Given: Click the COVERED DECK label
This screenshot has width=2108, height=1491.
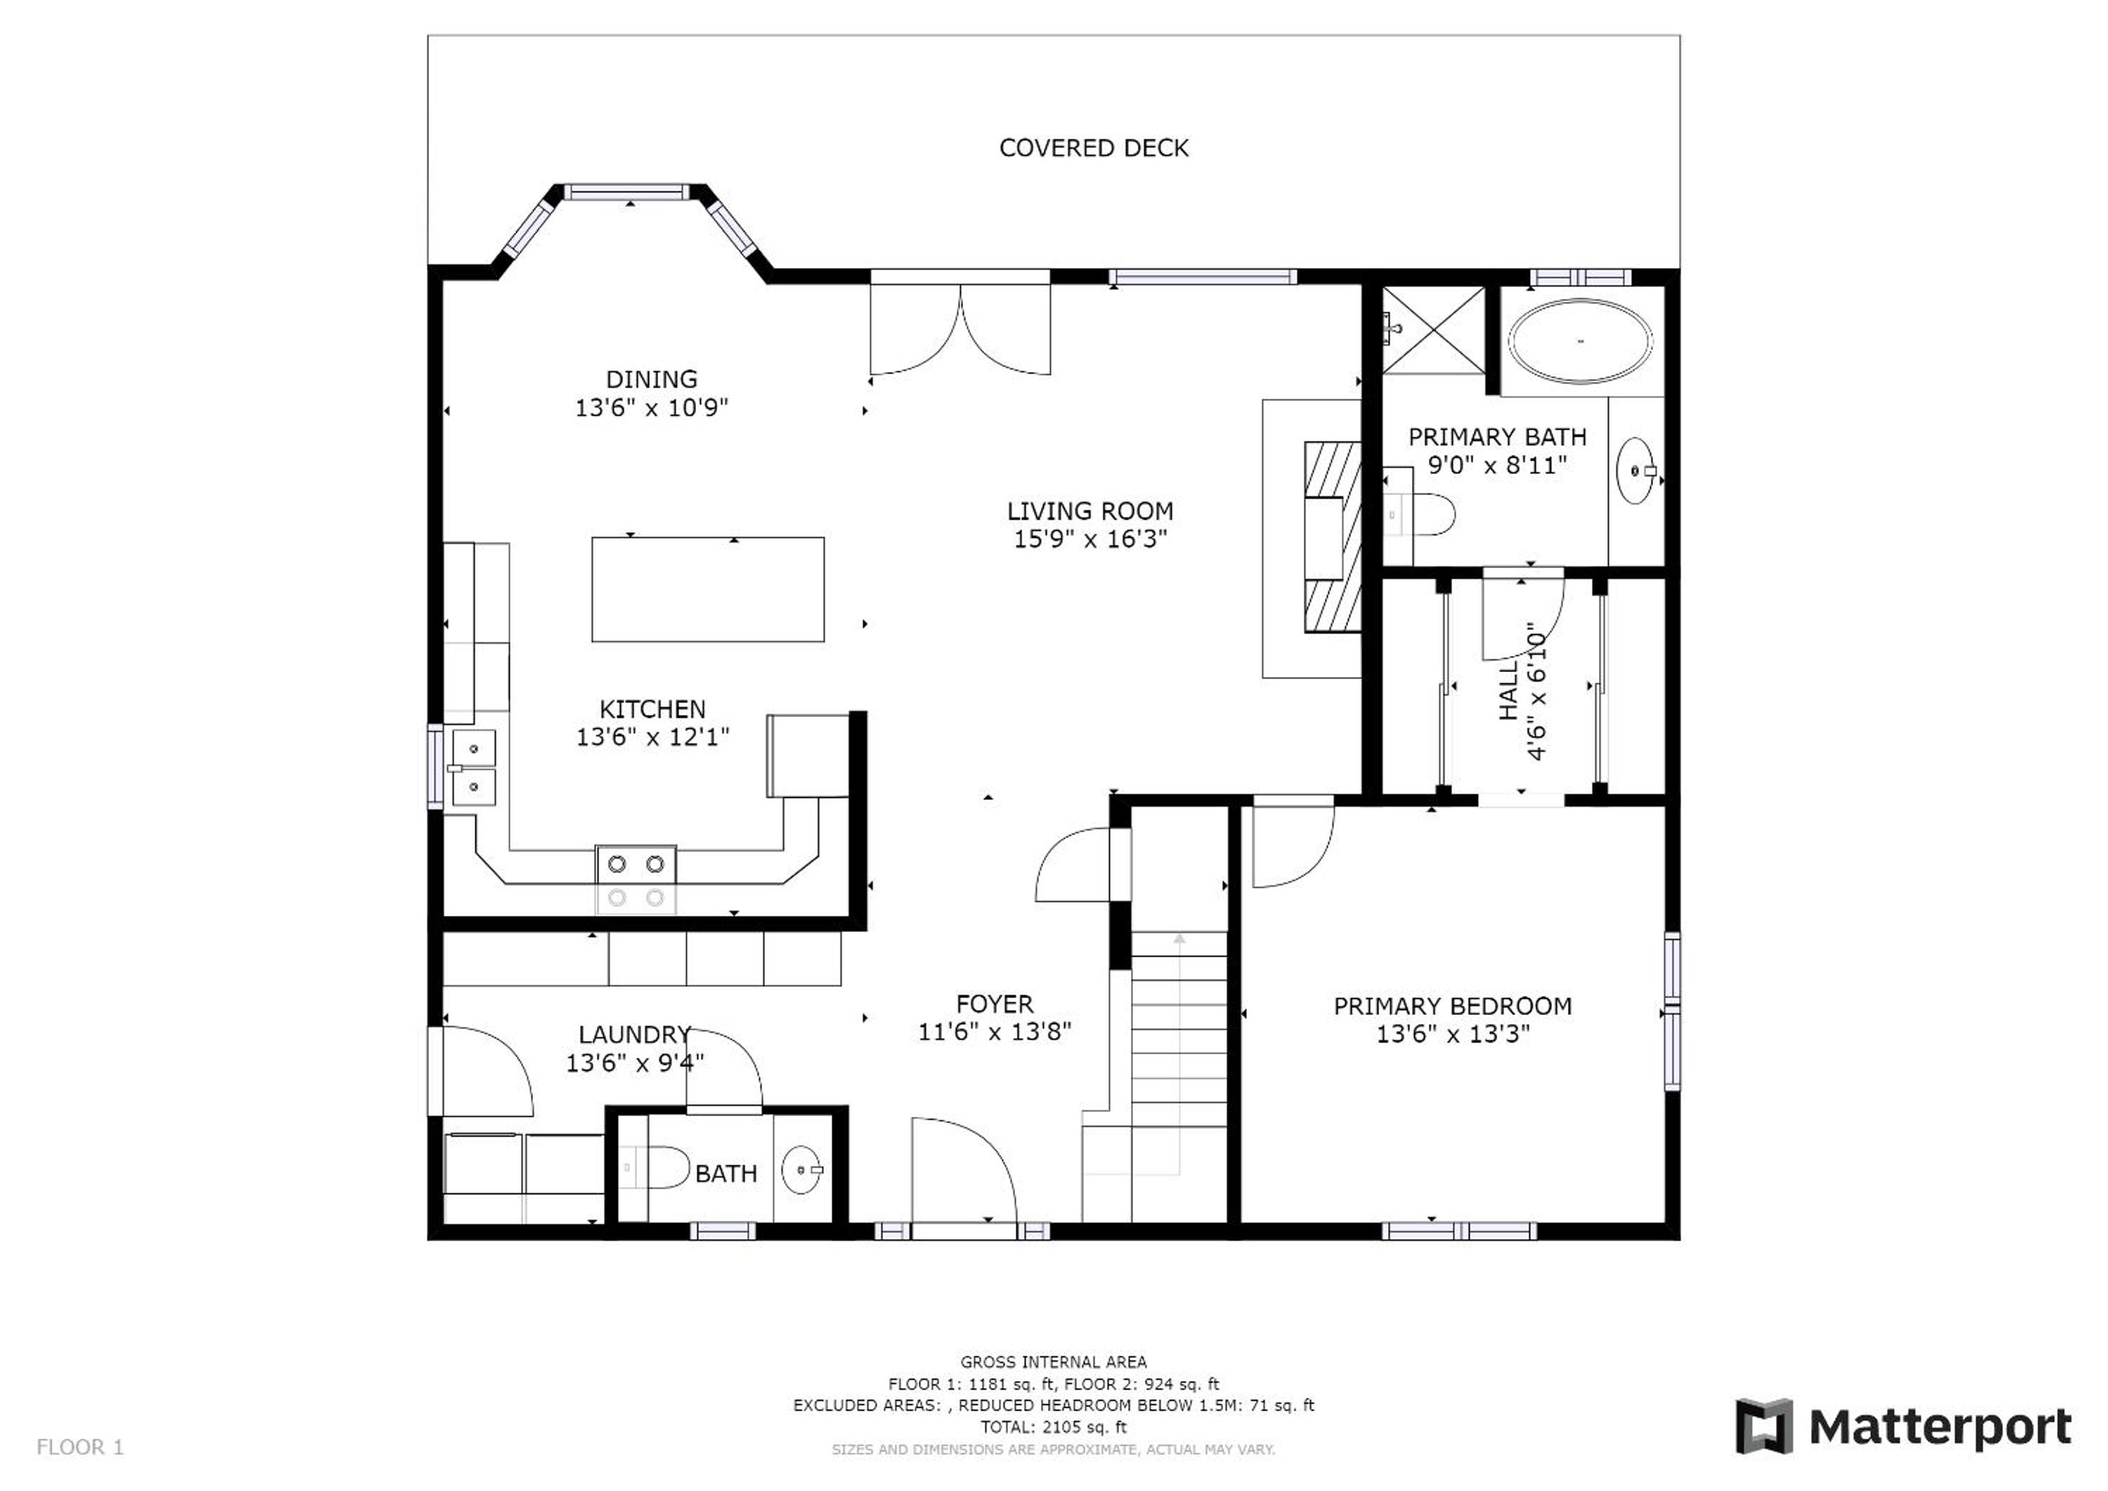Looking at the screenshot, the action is click(x=1094, y=148).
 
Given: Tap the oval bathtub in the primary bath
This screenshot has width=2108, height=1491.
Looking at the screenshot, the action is click(x=1581, y=341).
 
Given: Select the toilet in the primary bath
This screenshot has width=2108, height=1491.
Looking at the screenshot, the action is click(x=1419, y=515).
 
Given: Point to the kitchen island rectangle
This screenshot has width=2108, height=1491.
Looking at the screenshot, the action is click(x=708, y=590).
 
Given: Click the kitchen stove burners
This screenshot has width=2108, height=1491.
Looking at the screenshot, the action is click(x=636, y=880).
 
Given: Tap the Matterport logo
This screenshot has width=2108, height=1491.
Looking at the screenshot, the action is click(x=1903, y=1427).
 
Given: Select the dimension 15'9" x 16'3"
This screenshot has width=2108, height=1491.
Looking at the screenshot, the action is click(x=1090, y=539).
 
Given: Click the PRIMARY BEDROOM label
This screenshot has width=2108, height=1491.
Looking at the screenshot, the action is click(x=1453, y=1006).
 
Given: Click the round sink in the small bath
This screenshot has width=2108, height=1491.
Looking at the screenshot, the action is click(x=802, y=1170).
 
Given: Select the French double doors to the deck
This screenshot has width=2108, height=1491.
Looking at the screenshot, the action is click(x=960, y=328).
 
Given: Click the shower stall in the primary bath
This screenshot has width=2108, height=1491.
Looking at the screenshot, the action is click(x=1433, y=330).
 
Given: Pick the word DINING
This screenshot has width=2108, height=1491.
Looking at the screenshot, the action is click(x=651, y=379).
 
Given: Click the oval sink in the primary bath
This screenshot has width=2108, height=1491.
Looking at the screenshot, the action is click(x=1636, y=471).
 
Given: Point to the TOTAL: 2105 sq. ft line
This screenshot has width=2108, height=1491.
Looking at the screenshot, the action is click(x=1053, y=1427).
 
